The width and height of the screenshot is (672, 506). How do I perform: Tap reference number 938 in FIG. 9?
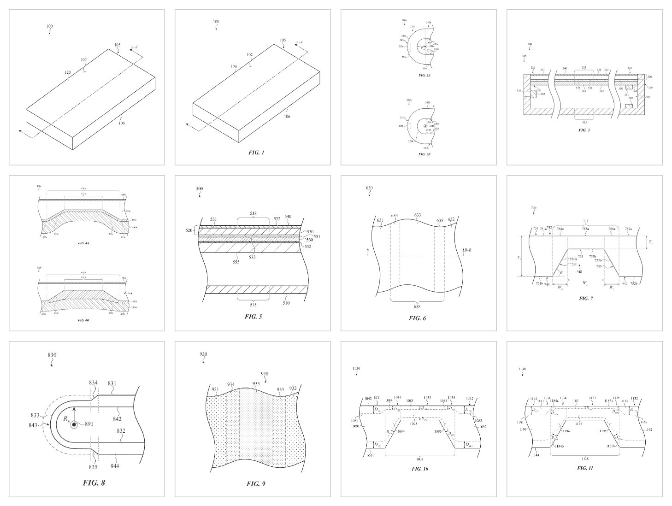click(x=264, y=374)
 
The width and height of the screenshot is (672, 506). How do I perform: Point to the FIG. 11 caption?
click(x=585, y=468)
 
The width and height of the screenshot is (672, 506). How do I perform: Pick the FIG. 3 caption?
click(x=584, y=130)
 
